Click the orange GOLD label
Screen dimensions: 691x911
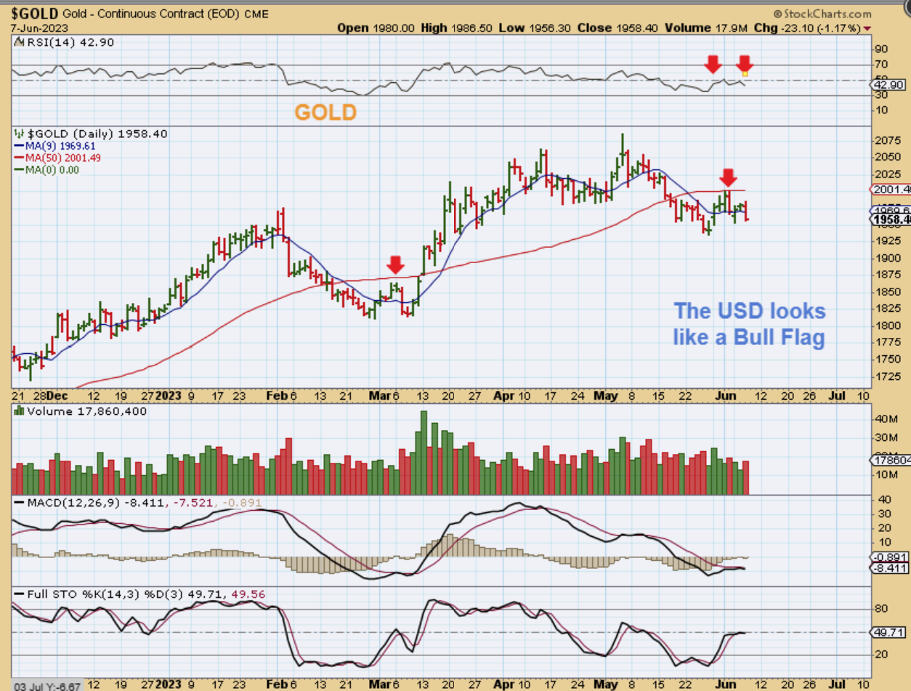click(x=325, y=113)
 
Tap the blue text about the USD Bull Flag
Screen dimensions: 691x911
click(x=750, y=324)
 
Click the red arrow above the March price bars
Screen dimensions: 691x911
click(x=394, y=263)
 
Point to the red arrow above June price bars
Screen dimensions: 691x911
click(x=729, y=177)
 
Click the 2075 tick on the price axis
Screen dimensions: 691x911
click(x=886, y=140)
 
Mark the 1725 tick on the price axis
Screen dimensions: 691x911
click(x=886, y=377)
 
